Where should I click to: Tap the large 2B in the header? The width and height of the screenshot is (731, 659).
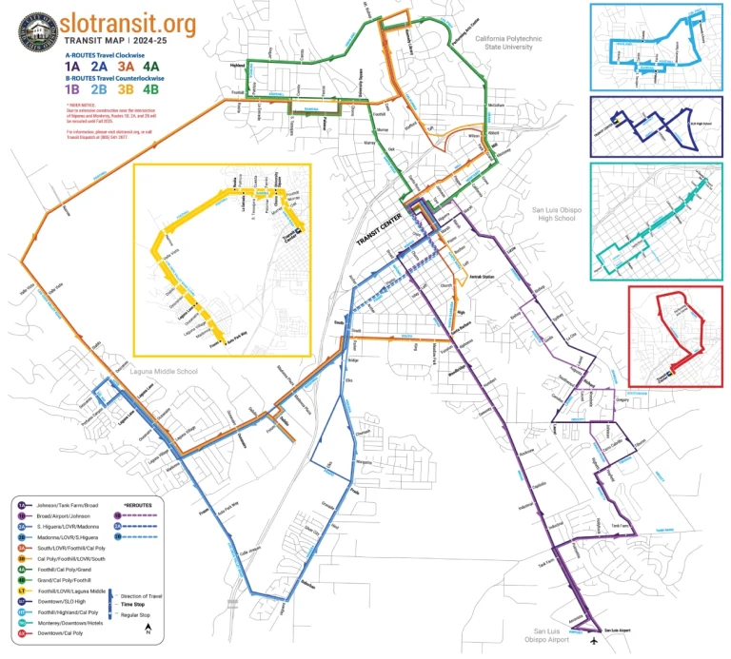click(x=98, y=90)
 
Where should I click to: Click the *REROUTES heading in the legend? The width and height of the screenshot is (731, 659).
click(x=139, y=505)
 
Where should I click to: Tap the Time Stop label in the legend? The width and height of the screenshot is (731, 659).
click(x=134, y=603)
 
